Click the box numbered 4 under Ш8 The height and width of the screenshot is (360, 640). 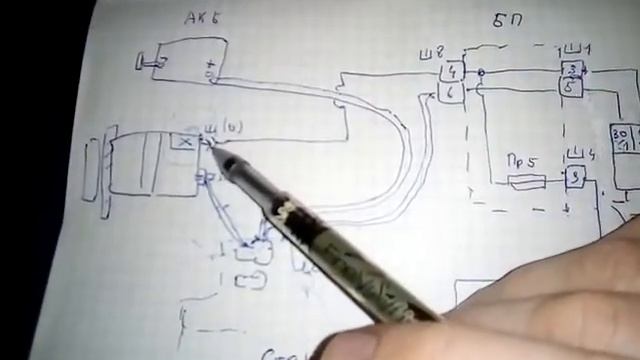(x=453, y=71)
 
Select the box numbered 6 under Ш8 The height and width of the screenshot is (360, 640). (x=452, y=92)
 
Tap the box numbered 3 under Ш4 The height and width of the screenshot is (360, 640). (x=575, y=178)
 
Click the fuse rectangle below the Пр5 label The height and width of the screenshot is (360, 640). (x=526, y=182)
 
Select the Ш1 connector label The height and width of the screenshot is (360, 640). (x=574, y=49)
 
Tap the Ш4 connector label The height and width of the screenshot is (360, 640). (x=576, y=155)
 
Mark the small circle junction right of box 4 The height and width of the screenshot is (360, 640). (x=481, y=73)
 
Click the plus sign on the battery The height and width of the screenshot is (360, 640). (x=210, y=72)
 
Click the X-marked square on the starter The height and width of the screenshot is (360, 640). (x=183, y=143)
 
